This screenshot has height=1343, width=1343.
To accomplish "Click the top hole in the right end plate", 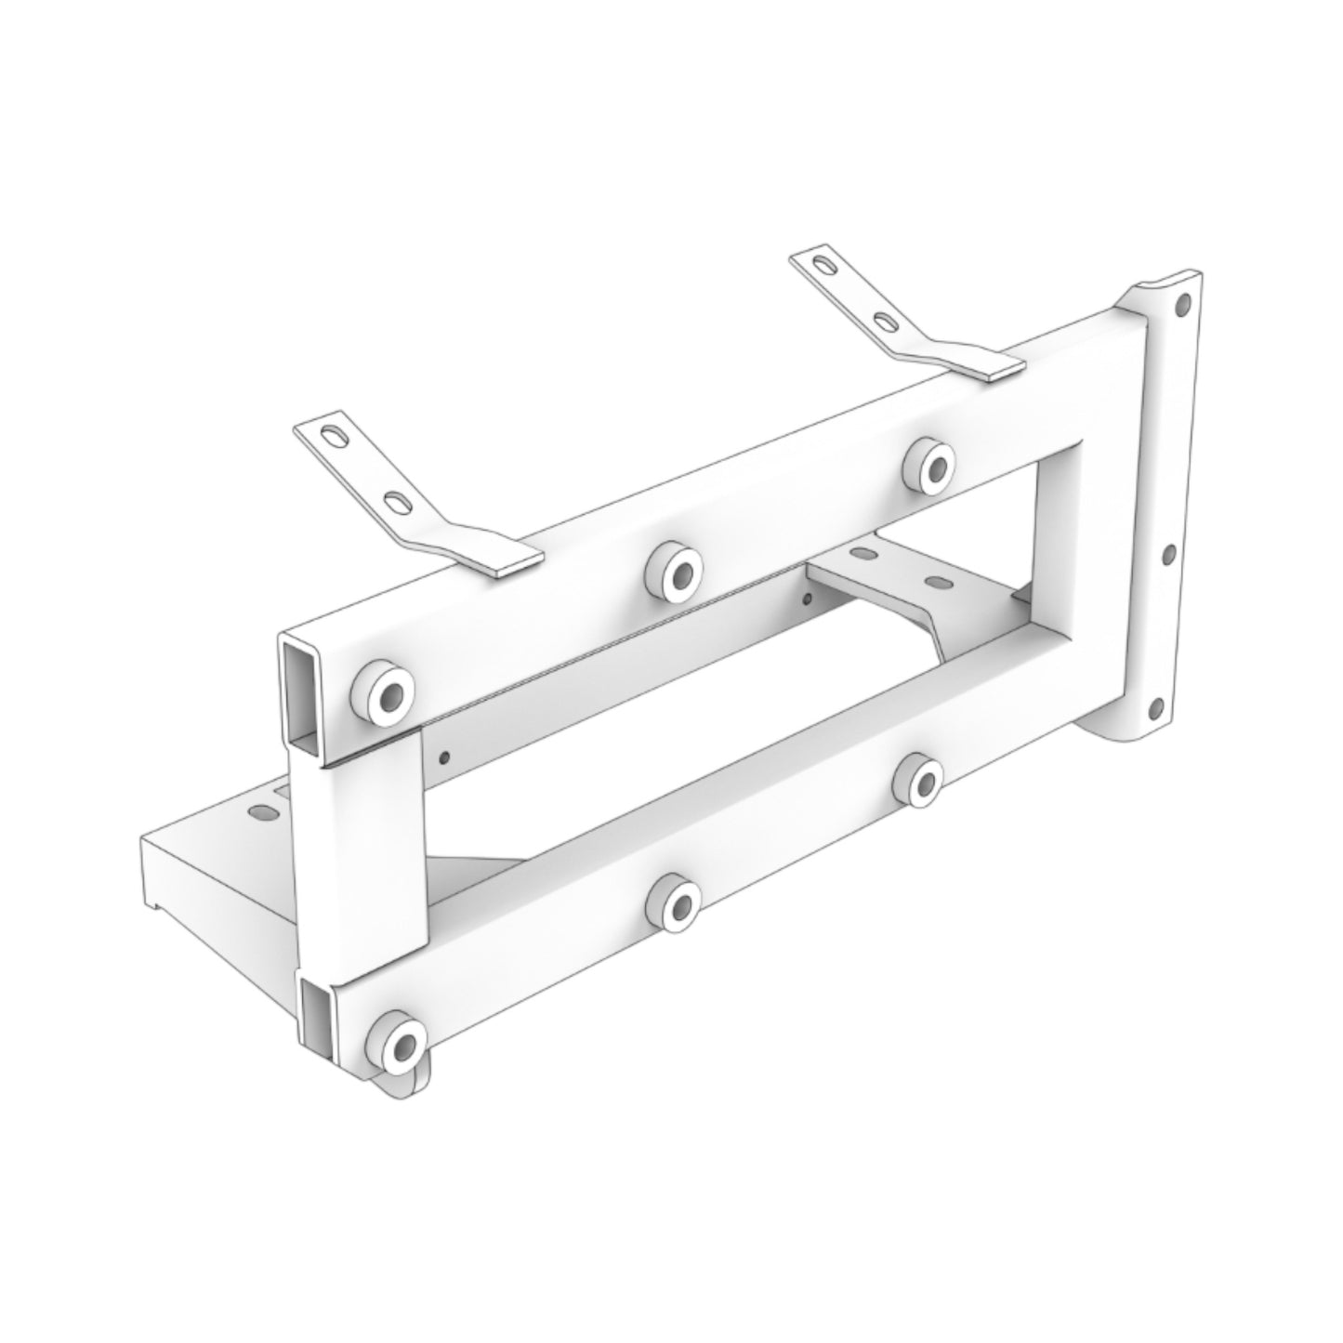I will tap(1182, 303).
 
